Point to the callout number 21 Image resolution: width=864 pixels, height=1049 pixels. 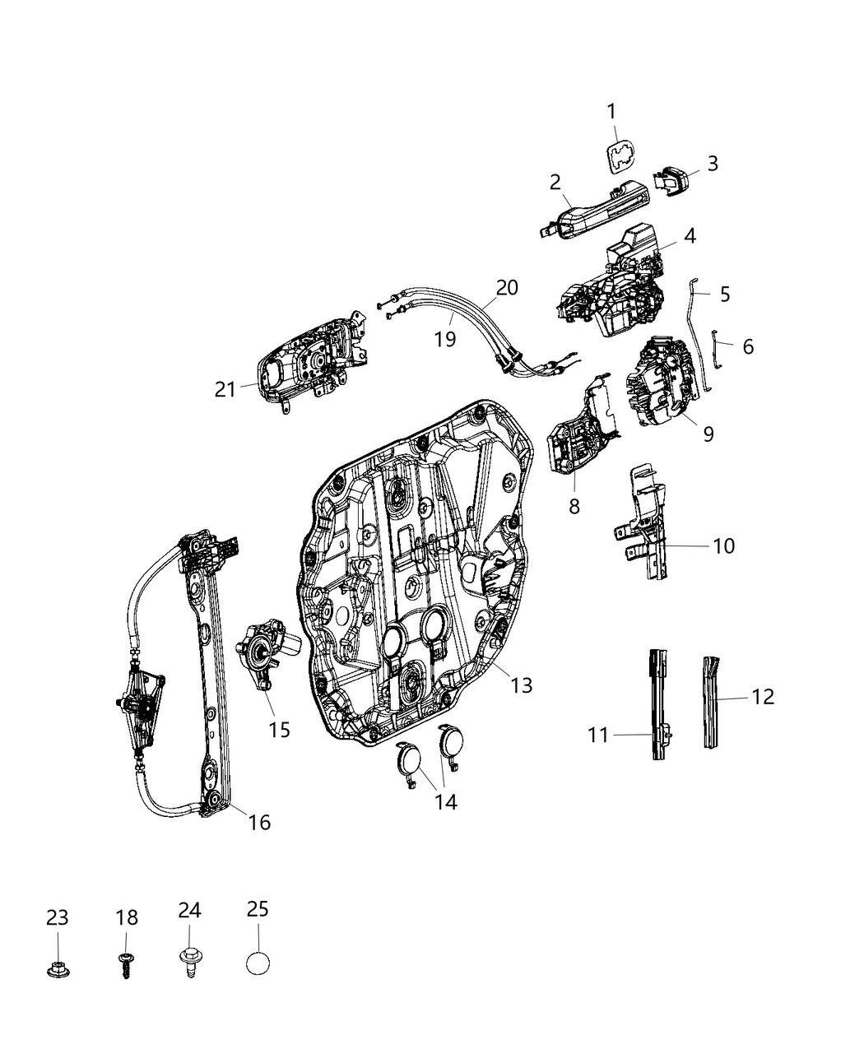pos(225,389)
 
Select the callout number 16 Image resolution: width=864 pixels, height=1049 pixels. pos(259,821)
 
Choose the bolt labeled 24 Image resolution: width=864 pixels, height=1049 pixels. pos(189,961)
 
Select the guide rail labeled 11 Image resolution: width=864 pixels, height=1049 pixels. pos(659,704)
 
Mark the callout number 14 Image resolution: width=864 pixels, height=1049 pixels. pos(445,801)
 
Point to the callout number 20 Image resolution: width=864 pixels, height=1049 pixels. pos(507,287)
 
